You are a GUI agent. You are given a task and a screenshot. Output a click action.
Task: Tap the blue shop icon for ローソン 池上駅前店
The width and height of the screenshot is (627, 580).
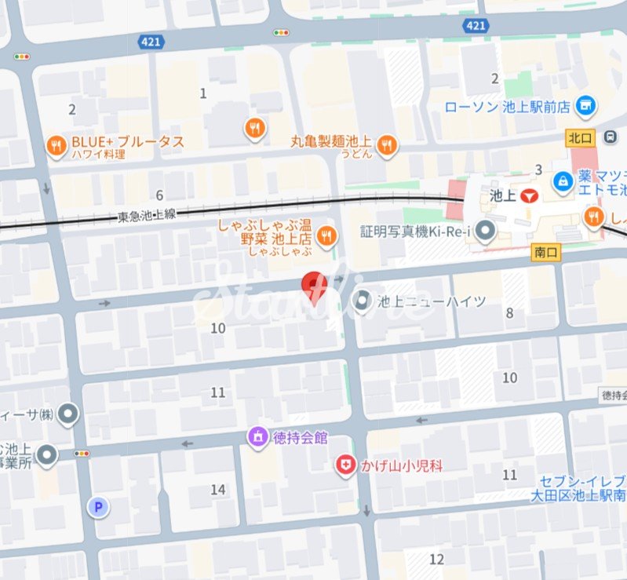(585, 106)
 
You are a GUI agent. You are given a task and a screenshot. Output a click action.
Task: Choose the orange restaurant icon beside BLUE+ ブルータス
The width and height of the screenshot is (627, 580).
(56, 144)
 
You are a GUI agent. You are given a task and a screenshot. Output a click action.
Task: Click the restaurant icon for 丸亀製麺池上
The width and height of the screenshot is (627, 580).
(387, 144)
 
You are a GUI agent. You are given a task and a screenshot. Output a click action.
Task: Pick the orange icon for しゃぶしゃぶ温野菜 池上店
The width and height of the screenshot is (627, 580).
(327, 234)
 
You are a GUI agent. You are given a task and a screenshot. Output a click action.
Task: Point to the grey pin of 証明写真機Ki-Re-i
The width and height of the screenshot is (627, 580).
(487, 231)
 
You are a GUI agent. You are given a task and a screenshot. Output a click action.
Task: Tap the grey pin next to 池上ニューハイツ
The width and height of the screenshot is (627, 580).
(363, 301)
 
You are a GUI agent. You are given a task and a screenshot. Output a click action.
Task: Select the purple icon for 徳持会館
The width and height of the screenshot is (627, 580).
(257, 437)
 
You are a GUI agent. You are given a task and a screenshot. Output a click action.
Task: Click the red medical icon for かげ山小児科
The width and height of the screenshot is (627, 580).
(344, 465)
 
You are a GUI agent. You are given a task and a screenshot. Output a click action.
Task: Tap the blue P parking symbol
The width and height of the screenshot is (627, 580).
(98, 507)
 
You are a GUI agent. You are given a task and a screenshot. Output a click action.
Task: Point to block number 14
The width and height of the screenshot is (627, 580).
(218, 490)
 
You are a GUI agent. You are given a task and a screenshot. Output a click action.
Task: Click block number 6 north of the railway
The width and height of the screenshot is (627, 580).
(159, 195)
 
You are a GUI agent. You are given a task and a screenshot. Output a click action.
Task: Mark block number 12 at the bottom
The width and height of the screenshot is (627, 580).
(437, 559)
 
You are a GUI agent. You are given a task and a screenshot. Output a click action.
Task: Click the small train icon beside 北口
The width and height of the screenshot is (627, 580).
(610, 137)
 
